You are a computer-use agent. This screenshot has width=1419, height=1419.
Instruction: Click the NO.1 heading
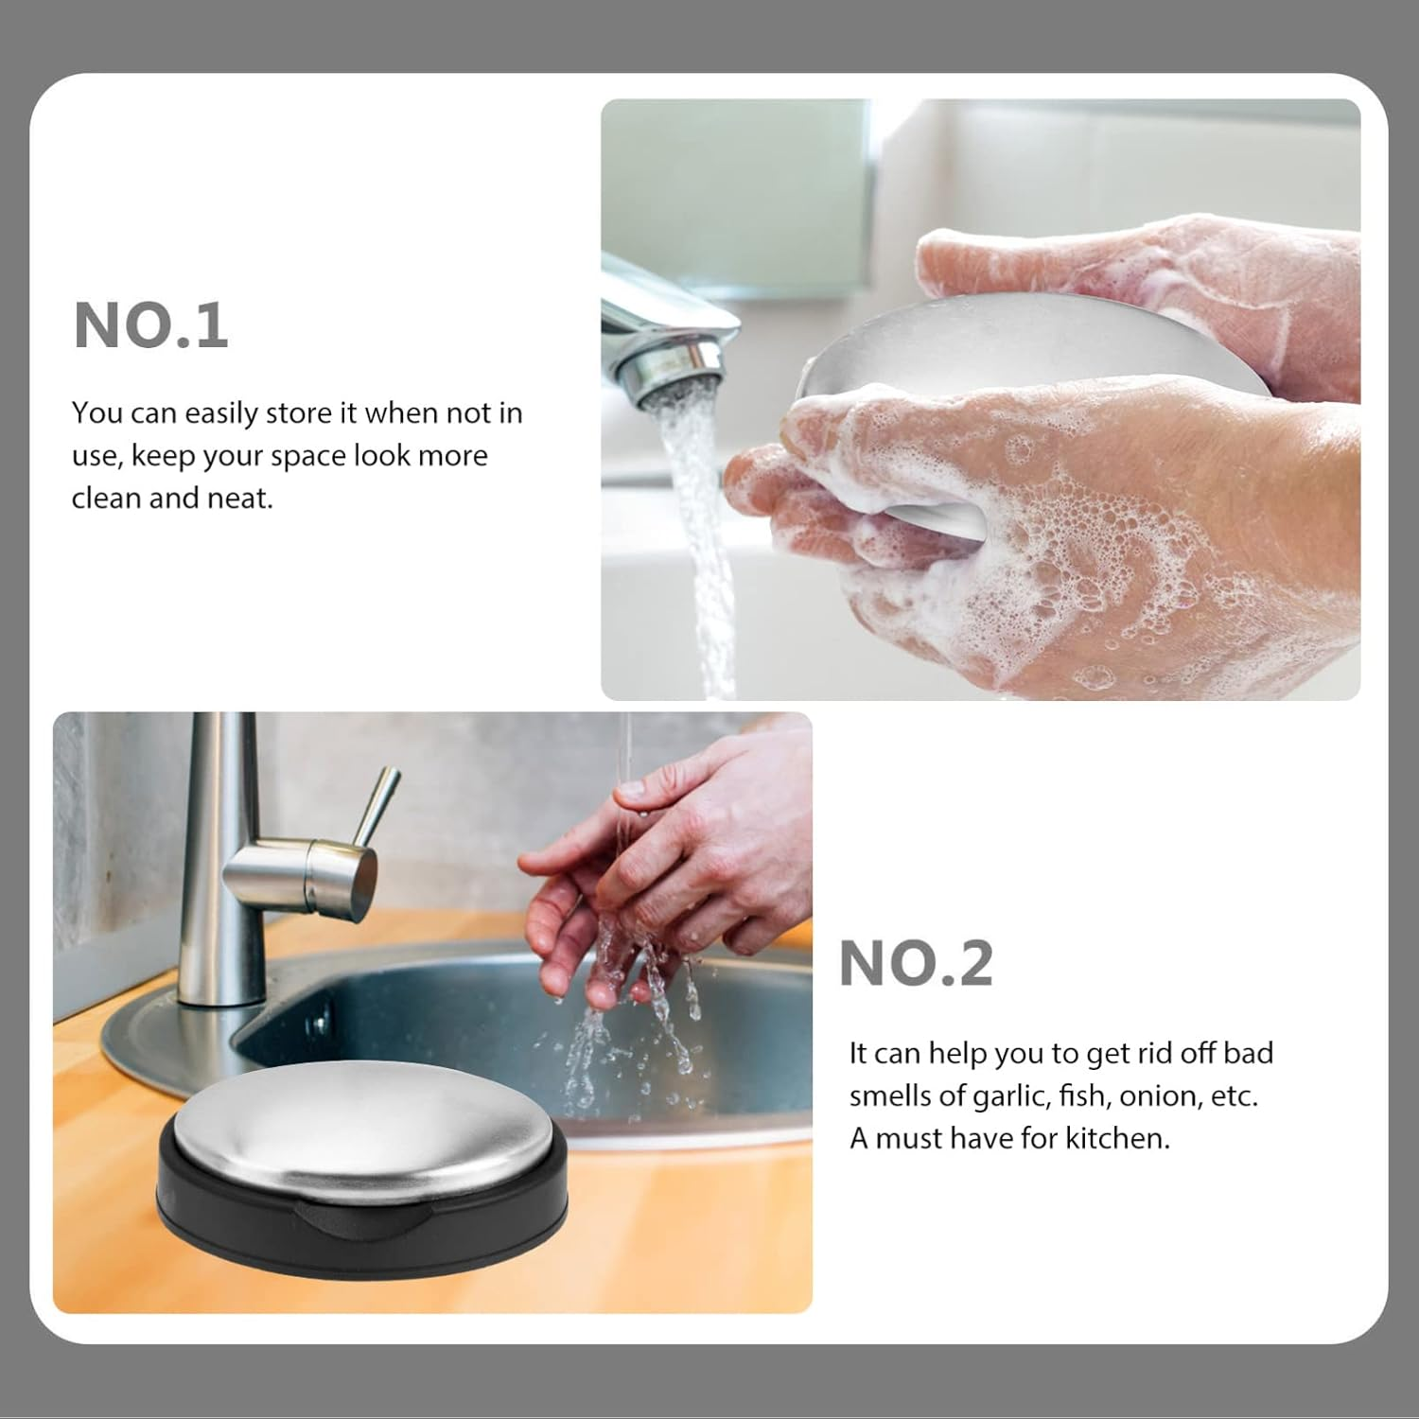[x=150, y=325]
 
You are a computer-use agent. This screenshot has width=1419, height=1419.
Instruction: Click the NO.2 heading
[x=916, y=964]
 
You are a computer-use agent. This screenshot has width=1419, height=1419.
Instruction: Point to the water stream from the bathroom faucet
[x=700, y=530]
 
